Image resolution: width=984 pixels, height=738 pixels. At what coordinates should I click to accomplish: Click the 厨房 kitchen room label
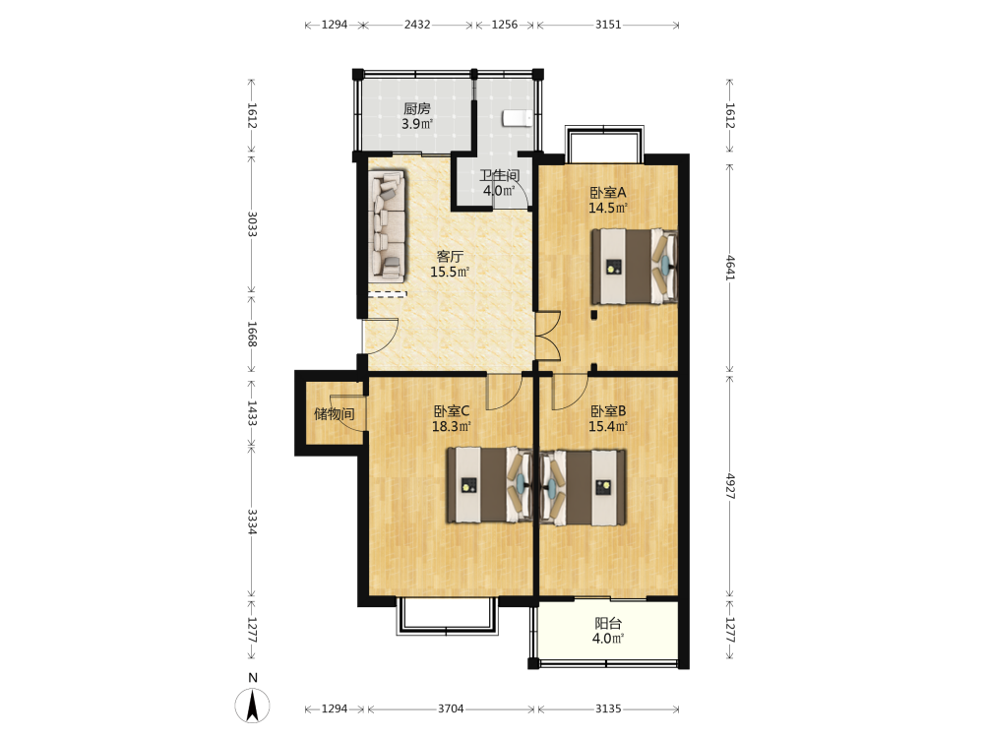(417, 108)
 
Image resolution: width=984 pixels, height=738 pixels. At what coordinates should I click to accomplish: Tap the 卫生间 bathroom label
(500, 176)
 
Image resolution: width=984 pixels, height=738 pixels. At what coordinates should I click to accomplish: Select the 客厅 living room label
(450, 257)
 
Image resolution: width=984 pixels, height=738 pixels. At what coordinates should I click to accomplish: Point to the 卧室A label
(607, 193)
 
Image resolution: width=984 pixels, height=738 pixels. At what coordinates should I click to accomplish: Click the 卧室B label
(608, 411)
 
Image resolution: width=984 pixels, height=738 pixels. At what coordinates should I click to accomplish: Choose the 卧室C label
(452, 411)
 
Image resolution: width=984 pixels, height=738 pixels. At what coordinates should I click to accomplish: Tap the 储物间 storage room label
(334, 413)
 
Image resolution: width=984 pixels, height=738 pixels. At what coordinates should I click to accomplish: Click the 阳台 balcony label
(608, 623)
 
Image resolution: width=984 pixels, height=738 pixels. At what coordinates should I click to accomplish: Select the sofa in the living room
(388, 225)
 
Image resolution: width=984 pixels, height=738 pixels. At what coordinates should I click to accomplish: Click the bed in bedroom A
(634, 266)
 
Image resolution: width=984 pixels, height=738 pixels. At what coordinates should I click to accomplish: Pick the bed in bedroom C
(489, 485)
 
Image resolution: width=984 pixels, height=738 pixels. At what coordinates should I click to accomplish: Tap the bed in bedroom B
(583, 486)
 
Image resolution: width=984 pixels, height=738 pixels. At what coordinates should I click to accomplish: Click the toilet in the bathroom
(518, 119)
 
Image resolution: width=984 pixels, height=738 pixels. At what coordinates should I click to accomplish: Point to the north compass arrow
(253, 706)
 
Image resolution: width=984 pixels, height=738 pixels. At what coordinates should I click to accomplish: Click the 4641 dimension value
(730, 268)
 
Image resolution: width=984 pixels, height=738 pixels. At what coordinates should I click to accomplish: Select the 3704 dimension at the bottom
(451, 708)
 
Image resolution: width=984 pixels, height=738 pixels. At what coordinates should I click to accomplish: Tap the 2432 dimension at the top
(417, 25)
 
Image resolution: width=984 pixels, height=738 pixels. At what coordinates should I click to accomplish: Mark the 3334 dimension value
(252, 522)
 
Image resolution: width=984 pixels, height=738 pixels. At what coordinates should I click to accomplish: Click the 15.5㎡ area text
(450, 272)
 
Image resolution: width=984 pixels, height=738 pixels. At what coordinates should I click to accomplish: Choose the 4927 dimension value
(730, 486)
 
